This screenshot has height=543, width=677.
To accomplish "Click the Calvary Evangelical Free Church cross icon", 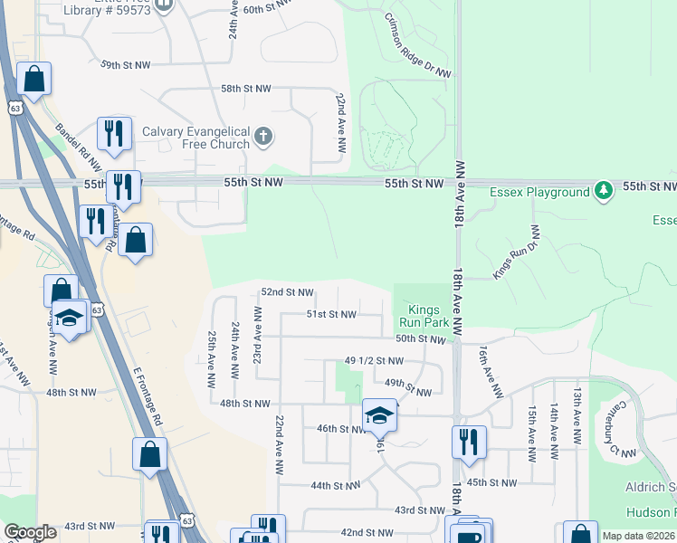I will pyautogui.click(x=262, y=137).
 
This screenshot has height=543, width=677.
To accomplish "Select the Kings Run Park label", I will pyautogui.click(x=424, y=316).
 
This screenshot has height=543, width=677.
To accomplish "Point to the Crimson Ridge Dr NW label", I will pyautogui.click(x=417, y=44).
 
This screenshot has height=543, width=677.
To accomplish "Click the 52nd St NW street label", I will pyautogui.click(x=287, y=292).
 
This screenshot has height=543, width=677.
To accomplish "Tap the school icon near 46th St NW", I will pyautogui.click(x=380, y=415).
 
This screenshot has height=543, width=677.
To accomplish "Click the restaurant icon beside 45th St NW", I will pyautogui.click(x=469, y=442).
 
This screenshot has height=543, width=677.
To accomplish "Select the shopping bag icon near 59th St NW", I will pyautogui.click(x=33, y=80).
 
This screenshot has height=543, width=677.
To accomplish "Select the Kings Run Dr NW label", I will pyautogui.click(x=515, y=251).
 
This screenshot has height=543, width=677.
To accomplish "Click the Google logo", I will pyautogui.click(x=31, y=532).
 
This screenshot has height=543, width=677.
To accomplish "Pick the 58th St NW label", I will pyautogui.click(x=246, y=89).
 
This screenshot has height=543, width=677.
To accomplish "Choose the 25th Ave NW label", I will pyautogui.click(x=212, y=354).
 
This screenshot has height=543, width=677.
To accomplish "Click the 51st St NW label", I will pyautogui.click(x=331, y=315).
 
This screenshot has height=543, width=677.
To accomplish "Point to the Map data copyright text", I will pyautogui.click(x=639, y=536).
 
